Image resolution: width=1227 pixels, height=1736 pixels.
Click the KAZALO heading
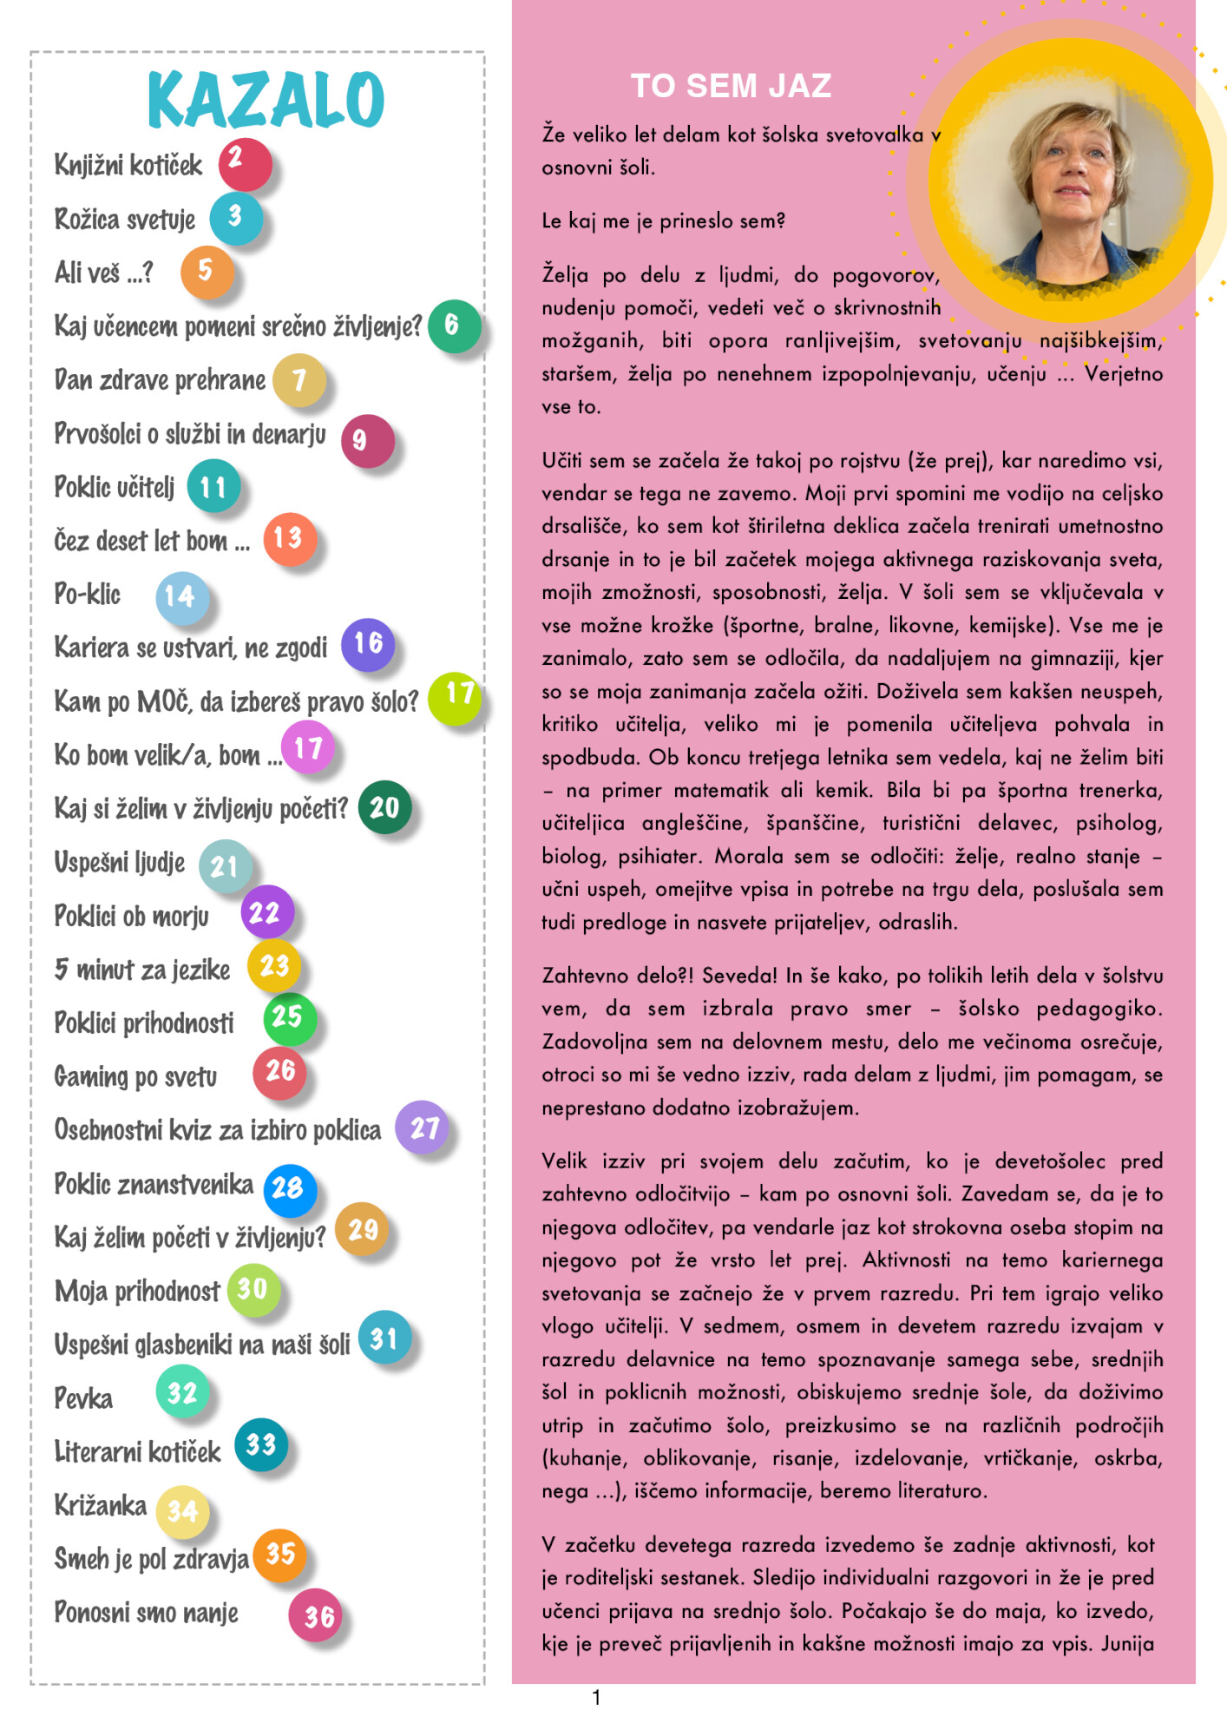click(266, 99)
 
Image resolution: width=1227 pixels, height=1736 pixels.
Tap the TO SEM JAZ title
click(731, 86)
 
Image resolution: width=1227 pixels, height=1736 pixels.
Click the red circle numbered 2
click(244, 163)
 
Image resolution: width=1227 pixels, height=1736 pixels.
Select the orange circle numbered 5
click(207, 272)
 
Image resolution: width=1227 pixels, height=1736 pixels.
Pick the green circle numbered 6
click(454, 325)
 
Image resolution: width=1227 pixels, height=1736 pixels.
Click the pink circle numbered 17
click(308, 747)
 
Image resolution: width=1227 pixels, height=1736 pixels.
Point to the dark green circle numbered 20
click(384, 807)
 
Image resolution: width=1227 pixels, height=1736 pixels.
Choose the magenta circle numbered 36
click(317, 1615)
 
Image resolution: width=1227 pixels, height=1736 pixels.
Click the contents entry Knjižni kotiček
click(128, 165)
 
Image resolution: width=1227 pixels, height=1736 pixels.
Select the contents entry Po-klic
click(87, 595)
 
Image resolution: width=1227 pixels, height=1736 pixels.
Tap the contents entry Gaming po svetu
click(135, 1077)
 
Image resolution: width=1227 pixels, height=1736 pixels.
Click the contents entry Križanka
click(101, 1505)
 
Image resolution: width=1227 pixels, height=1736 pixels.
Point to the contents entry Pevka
click(83, 1398)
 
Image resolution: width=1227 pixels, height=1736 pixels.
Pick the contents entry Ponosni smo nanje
click(146, 1613)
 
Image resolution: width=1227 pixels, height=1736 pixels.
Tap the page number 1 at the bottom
click(596, 1698)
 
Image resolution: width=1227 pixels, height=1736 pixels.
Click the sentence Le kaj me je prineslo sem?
click(663, 221)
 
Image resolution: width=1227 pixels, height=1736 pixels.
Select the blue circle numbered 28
click(288, 1188)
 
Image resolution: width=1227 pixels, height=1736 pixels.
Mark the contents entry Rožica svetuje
click(125, 220)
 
